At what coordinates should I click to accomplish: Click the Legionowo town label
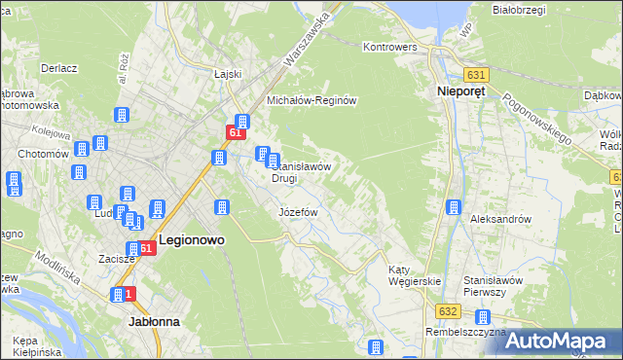pos(192,248)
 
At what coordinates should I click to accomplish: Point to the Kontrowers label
pos(389,47)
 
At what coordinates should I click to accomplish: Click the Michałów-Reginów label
pos(313,101)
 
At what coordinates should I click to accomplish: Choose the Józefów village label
pos(299,212)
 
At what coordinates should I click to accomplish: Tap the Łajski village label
pos(227,74)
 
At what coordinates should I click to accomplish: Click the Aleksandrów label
pos(500,220)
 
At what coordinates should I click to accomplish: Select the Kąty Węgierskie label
pos(415,275)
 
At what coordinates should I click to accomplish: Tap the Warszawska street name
pos(307,41)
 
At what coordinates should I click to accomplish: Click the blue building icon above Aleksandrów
pos(454,207)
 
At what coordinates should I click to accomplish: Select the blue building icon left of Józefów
pos(222,207)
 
